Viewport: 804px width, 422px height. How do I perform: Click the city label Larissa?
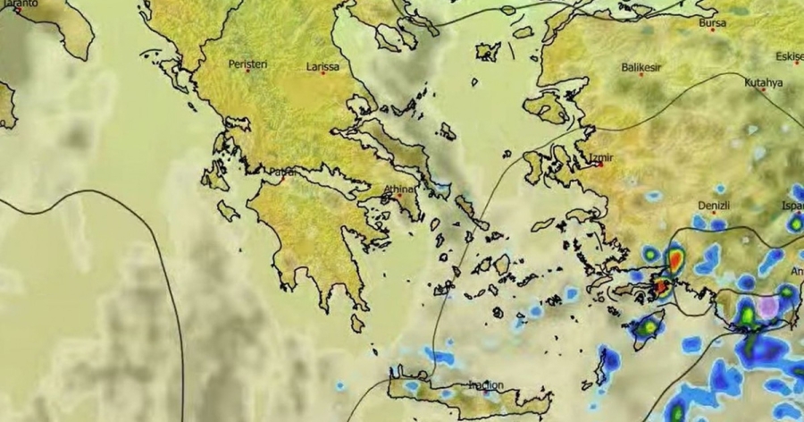[x=322, y=66]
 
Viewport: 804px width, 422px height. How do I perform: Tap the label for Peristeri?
[x=247, y=64]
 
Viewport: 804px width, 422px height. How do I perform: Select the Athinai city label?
[x=399, y=189]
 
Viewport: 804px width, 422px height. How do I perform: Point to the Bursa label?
[x=712, y=21]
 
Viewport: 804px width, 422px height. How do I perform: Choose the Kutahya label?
[x=763, y=82]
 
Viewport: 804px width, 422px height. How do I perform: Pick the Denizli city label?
[x=714, y=204]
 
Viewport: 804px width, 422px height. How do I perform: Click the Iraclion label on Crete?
[x=486, y=385]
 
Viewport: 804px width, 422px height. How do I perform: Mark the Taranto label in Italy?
[x=18, y=4]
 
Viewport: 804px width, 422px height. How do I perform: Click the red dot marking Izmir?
[x=601, y=165]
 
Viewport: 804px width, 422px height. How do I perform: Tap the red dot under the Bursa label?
[x=712, y=30]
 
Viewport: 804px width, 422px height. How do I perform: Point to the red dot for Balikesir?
[x=641, y=76]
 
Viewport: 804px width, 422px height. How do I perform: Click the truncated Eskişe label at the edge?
[x=790, y=57]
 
